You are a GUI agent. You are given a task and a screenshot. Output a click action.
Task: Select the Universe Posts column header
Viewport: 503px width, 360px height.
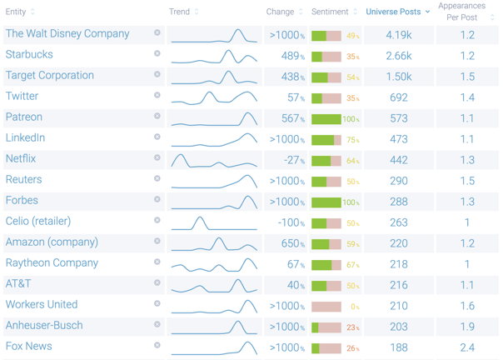coord(393,12)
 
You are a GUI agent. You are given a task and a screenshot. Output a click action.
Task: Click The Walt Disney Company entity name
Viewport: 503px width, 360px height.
coord(67,34)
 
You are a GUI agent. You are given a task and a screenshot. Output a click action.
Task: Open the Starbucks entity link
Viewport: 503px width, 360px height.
coord(29,55)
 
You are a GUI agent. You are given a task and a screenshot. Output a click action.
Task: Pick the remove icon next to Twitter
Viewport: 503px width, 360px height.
coord(157,96)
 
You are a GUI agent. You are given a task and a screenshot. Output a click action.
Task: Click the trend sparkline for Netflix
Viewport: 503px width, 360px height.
coord(214,159)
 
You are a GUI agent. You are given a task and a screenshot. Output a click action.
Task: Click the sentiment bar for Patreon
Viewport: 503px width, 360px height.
coord(326,119)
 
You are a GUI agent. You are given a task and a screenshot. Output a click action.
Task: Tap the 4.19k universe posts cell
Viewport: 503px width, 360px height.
coord(399,35)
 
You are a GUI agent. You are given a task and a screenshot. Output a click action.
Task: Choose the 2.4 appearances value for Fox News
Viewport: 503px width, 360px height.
coord(467,347)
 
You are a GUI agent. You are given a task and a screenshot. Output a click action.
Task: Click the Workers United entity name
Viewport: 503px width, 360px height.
coord(42,305)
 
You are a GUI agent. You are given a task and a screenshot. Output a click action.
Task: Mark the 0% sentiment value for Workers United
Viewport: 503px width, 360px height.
coord(354,307)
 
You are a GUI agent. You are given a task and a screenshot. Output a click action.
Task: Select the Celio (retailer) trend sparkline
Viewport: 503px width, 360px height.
coord(214,222)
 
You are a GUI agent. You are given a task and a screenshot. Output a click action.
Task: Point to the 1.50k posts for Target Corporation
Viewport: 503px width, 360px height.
coord(399,77)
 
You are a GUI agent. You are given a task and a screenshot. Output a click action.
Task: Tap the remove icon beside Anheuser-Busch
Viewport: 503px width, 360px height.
coord(157,325)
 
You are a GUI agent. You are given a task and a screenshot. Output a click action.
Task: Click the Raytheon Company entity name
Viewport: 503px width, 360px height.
coord(52,263)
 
